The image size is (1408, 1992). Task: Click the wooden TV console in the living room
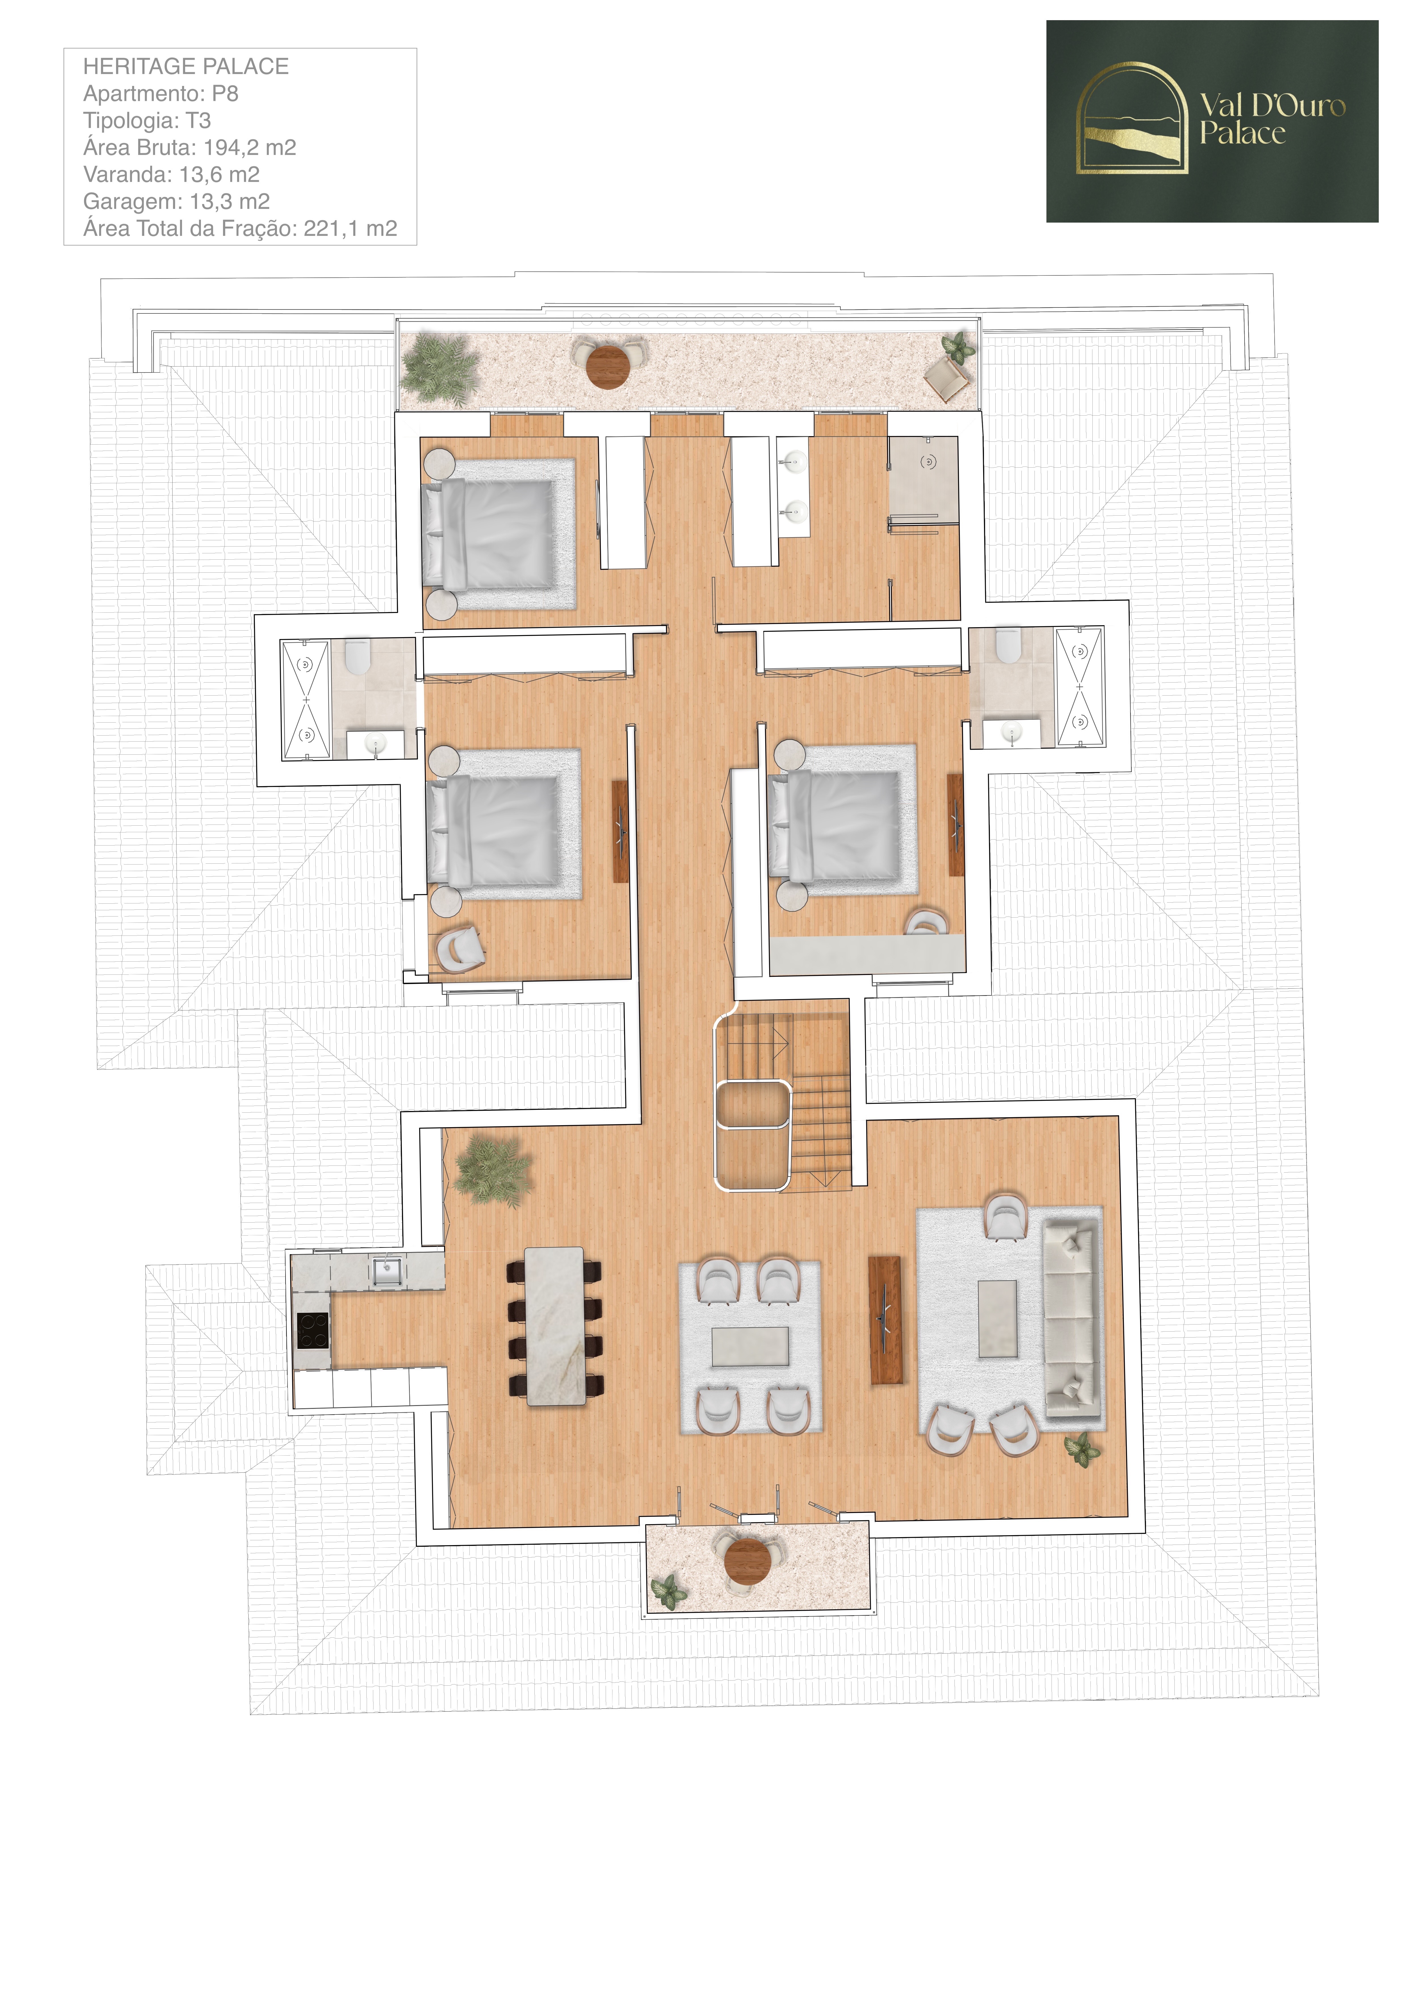885,1320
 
